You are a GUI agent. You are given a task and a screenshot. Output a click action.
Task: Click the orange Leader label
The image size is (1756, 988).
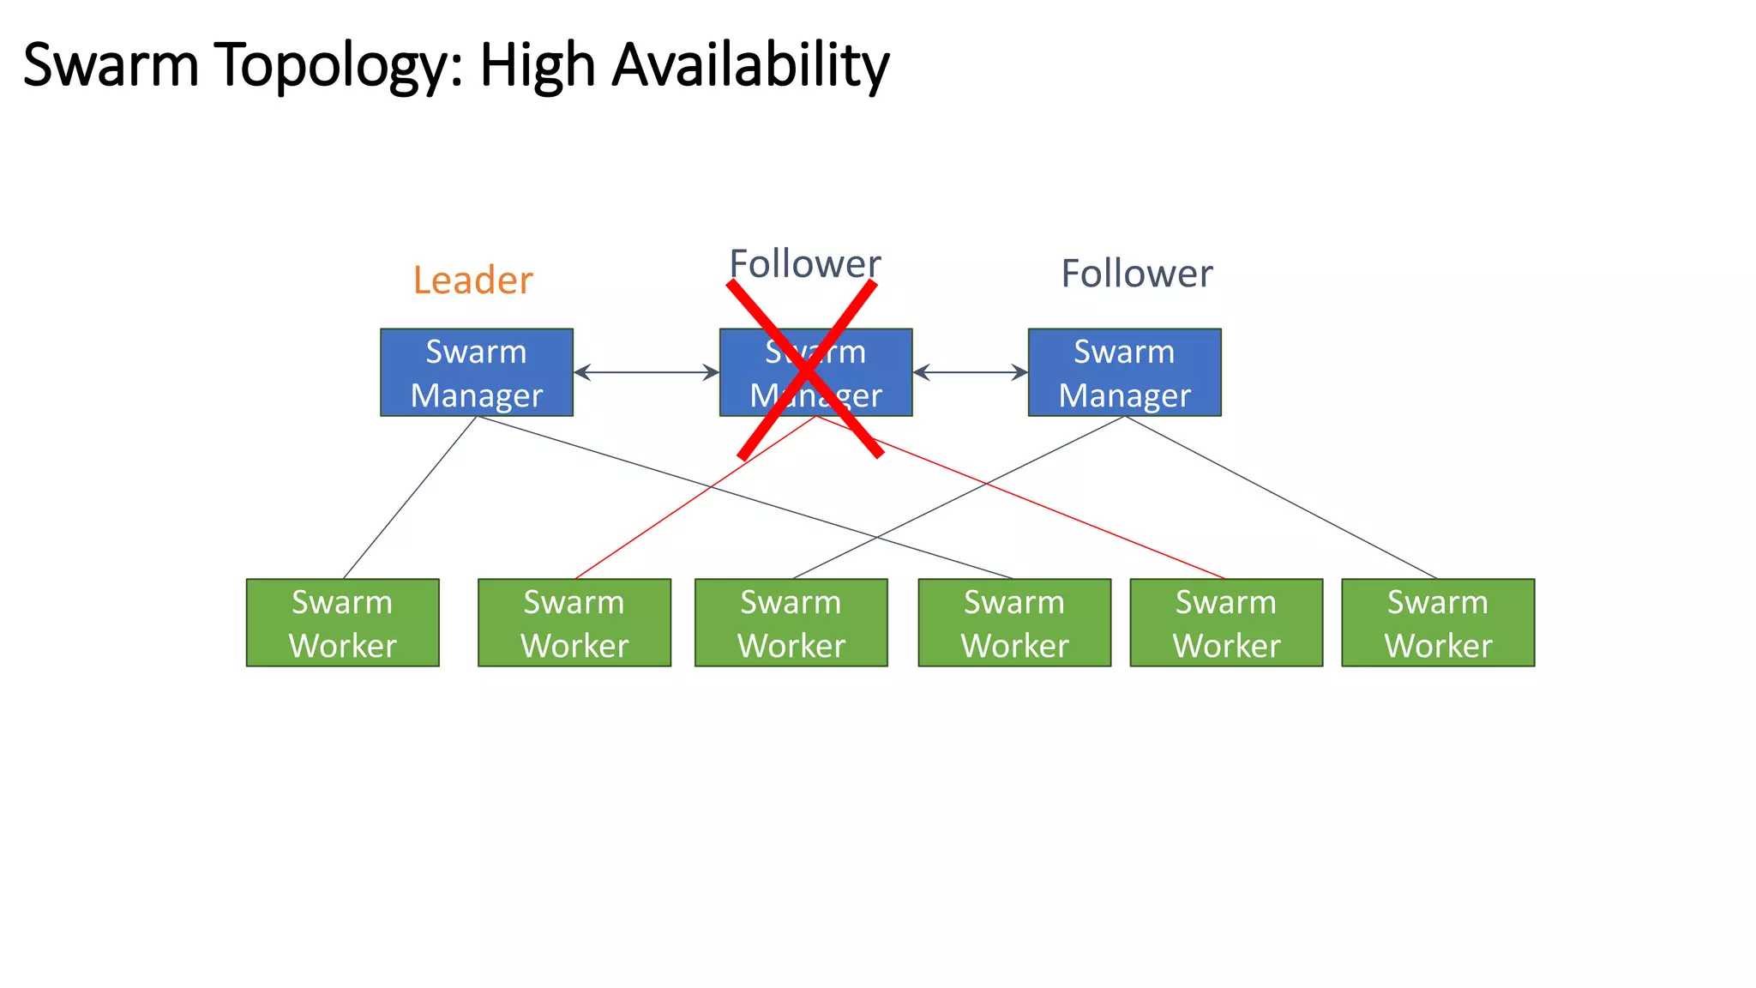[472, 280]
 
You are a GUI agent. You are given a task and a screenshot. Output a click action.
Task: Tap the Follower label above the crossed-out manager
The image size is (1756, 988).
[804, 263]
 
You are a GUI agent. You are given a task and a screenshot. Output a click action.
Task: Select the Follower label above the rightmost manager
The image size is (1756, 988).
[1136, 274]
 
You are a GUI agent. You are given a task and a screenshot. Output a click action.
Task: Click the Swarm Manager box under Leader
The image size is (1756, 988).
[476, 372]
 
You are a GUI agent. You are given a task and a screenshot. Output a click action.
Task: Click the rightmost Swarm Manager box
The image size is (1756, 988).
[1124, 372]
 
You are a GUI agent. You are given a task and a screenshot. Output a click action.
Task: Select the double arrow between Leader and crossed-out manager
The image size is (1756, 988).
[646, 372]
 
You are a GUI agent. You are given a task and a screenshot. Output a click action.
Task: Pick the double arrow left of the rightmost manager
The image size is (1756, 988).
[970, 372]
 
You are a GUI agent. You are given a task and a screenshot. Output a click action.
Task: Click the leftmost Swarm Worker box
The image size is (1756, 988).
[342, 623]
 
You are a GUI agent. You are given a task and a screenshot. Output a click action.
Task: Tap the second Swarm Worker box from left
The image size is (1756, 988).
[574, 623]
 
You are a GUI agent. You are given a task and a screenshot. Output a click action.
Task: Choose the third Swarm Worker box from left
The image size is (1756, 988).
[791, 623]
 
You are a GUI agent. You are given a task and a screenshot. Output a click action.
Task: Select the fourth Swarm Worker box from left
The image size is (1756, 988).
[1014, 623]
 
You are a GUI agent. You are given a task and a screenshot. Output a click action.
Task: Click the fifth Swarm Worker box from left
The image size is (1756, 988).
[1226, 623]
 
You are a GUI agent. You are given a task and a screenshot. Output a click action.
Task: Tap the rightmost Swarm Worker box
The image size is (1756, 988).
[1438, 623]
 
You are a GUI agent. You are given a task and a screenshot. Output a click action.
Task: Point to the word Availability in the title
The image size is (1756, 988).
[750, 66]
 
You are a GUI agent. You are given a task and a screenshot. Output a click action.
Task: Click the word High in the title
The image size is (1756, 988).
[537, 66]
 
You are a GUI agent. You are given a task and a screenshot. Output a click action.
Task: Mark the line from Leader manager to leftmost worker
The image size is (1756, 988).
[410, 497]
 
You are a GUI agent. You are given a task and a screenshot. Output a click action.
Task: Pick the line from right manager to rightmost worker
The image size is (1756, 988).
[1281, 497]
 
